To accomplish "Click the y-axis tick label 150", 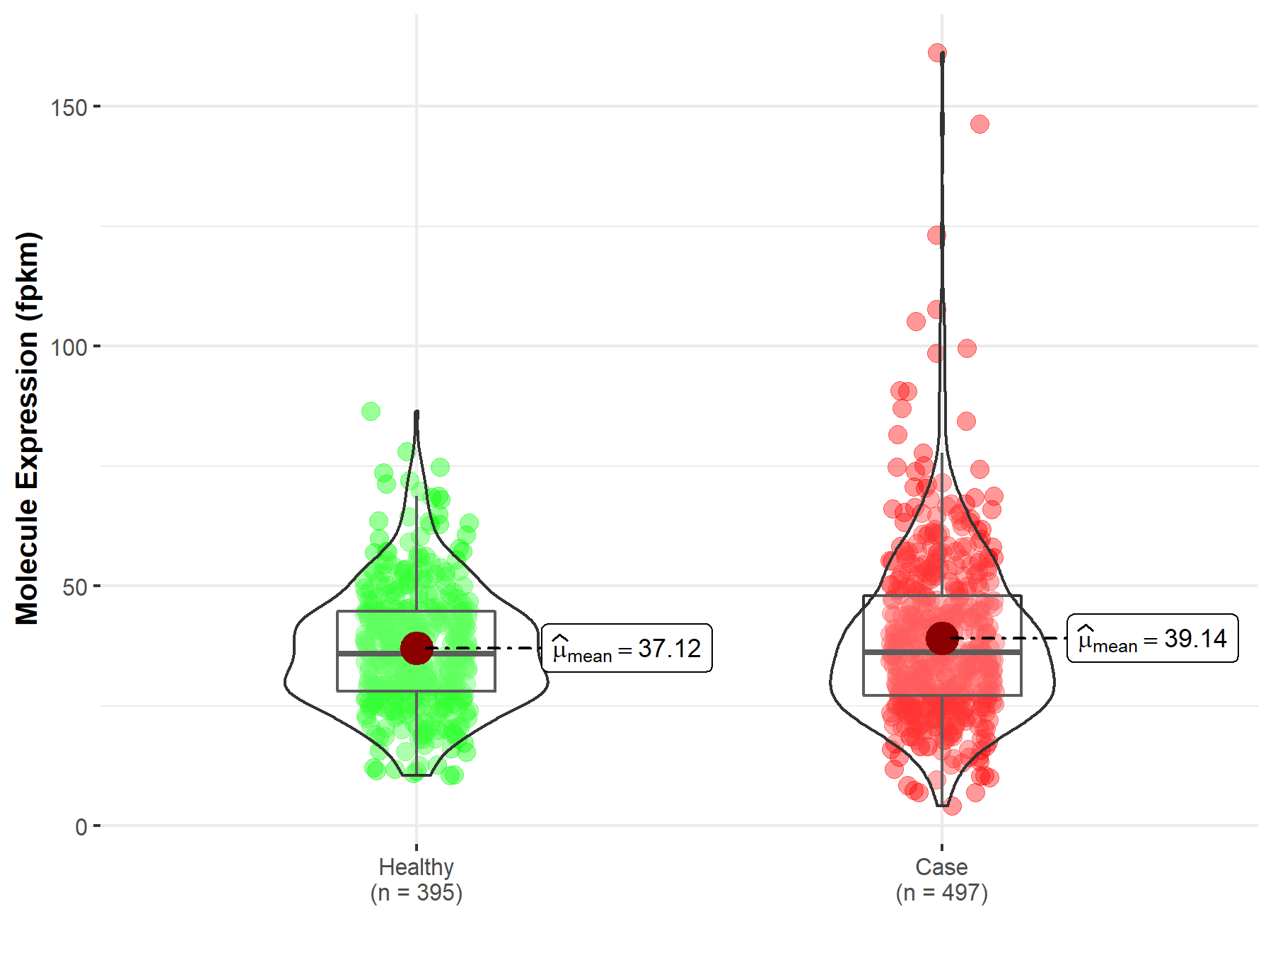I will (68, 108).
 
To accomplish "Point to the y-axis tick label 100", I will (68, 347).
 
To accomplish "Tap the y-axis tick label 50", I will (74, 587).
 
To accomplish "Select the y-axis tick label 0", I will (81, 827).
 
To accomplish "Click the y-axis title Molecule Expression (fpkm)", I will (28, 428).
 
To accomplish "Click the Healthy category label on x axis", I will (416, 867).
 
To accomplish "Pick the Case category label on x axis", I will (941, 867).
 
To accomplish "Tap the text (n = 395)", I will (416, 893).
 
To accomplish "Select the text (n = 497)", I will (941, 893).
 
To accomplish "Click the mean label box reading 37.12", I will (627, 648).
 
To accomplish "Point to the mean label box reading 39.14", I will (1152, 638).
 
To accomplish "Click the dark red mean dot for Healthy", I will (417, 648).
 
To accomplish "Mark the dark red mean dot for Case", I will (942, 638).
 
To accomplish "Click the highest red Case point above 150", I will (937, 52).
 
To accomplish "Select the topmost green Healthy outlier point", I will (371, 411).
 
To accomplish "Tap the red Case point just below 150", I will (980, 125).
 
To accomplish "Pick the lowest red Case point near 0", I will (952, 806).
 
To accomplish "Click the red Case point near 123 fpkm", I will (936, 235).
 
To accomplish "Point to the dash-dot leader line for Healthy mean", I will (488, 648).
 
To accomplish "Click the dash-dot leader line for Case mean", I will (1011, 638).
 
